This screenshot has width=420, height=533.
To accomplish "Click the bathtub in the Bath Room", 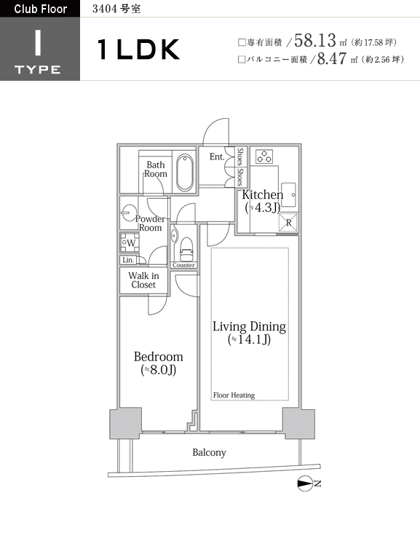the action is pyautogui.click(x=185, y=172).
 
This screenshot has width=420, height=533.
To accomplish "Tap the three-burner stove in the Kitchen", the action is pyautogui.click(x=264, y=157).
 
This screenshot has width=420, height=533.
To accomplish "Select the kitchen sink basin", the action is pyautogui.click(x=288, y=194).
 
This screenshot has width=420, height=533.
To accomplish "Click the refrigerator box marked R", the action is pyautogui.click(x=288, y=223).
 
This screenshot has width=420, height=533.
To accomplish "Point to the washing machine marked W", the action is pyautogui.click(x=130, y=242).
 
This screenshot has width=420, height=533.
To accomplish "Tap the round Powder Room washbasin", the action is pyautogui.click(x=129, y=213).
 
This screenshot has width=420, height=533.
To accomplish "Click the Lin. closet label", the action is pyautogui.click(x=128, y=260).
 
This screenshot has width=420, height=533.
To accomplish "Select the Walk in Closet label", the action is pyautogui.click(x=143, y=280).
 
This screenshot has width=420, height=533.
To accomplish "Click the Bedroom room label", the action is pyautogui.click(x=159, y=357).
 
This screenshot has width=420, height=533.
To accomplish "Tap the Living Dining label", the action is pyautogui.click(x=249, y=326).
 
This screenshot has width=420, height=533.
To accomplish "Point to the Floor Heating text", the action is pyautogui.click(x=234, y=395).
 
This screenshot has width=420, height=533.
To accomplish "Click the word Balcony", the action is pyautogui.click(x=209, y=452).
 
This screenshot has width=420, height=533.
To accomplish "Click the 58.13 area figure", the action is pyautogui.click(x=315, y=40).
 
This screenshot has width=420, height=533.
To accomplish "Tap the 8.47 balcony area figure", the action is pyautogui.click(x=332, y=58).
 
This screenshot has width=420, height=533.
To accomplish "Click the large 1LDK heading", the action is pyautogui.click(x=138, y=50).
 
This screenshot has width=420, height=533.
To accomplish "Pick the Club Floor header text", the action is pyautogui.click(x=41, y=9).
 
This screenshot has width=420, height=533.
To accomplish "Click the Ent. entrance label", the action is pyautogui.click(x=217, y=157).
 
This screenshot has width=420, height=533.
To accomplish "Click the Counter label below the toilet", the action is pyautogui.click(x=183, y=265).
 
